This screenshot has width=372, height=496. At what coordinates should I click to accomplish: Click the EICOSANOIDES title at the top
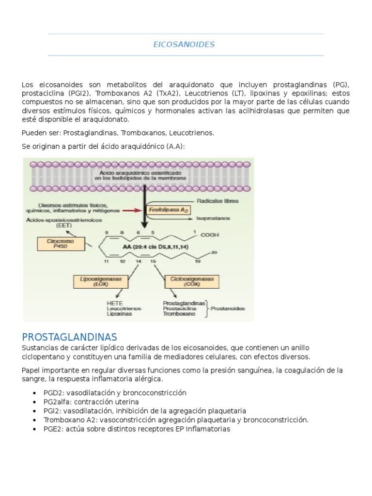click(184, 45)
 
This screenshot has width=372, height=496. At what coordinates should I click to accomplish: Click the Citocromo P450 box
click(57, 243)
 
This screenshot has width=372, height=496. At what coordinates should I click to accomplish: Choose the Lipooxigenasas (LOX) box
click(100, 281)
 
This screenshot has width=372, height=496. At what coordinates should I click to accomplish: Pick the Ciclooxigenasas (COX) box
click(186, 281)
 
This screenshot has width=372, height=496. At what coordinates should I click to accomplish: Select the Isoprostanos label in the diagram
click(214, 218)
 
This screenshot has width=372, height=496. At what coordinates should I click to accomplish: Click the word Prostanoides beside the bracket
click(228, 309)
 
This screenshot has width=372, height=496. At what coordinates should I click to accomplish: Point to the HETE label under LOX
click(114, 303)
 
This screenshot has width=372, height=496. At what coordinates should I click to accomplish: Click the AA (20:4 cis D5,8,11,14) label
click(149, 247)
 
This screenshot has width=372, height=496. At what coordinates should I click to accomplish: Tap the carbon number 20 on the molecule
click(214, 252)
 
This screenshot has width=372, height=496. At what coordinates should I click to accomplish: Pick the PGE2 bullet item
click(137, 429)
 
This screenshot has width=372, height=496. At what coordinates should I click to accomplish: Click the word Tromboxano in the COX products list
click(179, 314)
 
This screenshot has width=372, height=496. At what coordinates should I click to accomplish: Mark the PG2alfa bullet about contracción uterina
click(91, 402)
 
